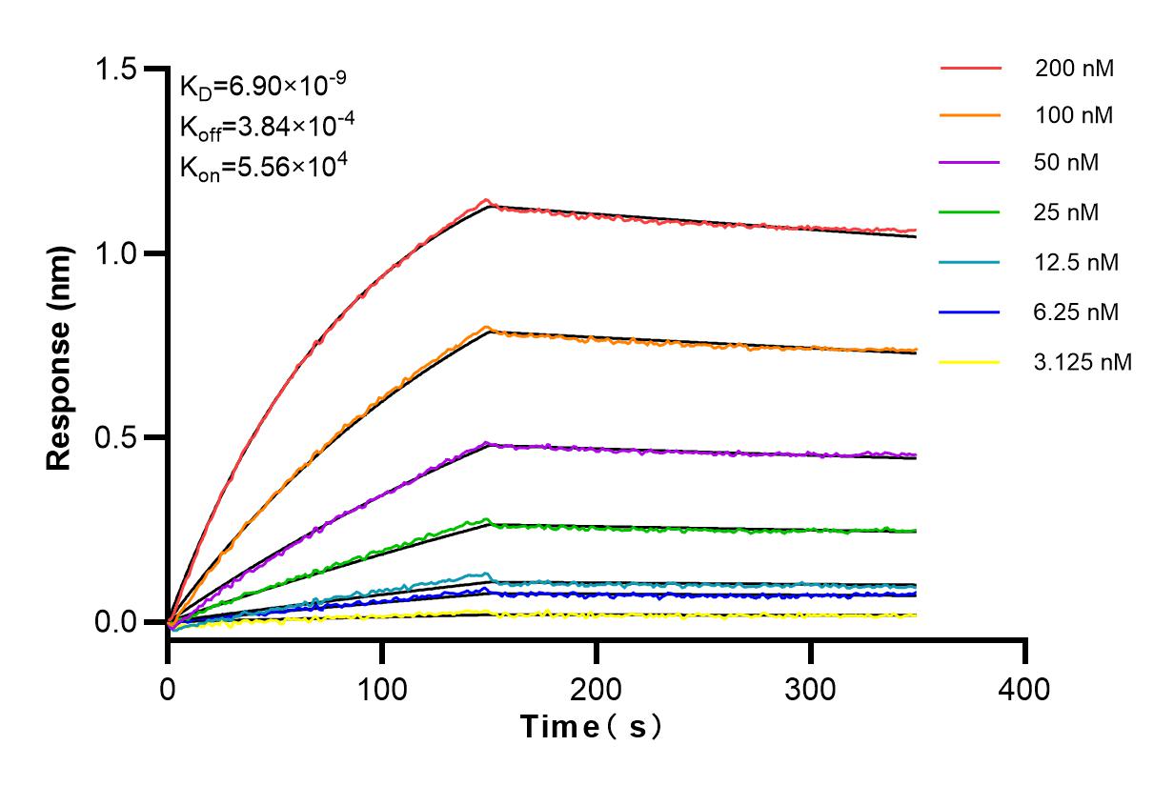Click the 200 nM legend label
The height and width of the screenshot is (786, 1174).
click(x=1075, y=69)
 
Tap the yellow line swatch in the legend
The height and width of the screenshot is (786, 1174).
click(x=970, y=362)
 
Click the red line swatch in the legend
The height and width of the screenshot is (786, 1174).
click(x=970, y=69)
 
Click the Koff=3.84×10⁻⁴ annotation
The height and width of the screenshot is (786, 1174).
click(x=262, y=127)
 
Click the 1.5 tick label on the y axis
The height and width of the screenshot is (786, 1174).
click(x=119, y=70)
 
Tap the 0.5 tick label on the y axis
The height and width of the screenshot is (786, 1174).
click(x=119, y=438)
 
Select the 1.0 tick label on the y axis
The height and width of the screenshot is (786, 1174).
click(x=119, y=254)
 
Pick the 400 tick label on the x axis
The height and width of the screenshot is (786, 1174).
click(x=1025, y=688)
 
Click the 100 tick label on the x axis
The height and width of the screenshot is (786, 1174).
click(x=382, y=688)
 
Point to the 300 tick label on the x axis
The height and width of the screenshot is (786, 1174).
click(x=811, y=688)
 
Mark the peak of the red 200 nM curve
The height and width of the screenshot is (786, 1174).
click(x=487, y=200)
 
